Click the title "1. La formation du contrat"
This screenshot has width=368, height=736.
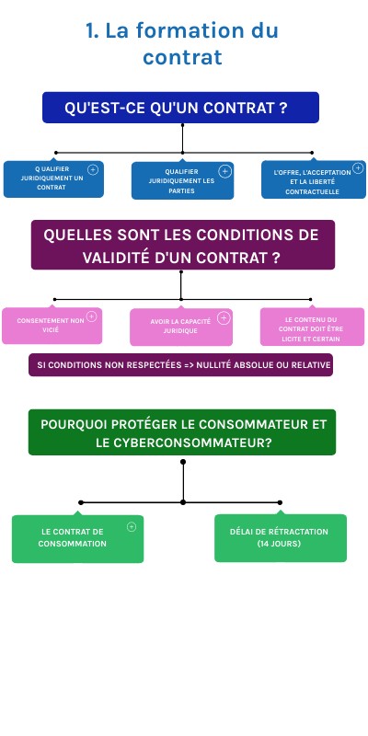click(182, 44)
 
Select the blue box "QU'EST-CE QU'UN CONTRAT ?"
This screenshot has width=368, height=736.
click(180, 108)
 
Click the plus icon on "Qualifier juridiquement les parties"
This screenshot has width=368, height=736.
click(224, 171)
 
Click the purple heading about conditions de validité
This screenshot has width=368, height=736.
click(182, 245)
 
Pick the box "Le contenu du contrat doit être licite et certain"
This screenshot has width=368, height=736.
click(312, 327)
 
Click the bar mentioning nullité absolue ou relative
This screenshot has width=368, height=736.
click(180, 365)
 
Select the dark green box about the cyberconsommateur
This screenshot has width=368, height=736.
click(182, 432)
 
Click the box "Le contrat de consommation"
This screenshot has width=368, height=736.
click(77, 538)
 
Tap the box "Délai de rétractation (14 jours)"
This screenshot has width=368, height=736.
click(280, 538)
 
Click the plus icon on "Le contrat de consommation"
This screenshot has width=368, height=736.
click(131, 527)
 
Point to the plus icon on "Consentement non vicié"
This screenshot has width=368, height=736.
click(91, 318)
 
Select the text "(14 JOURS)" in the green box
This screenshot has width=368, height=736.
click(280, 544)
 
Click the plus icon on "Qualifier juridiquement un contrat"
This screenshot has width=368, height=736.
click(92, 170)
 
